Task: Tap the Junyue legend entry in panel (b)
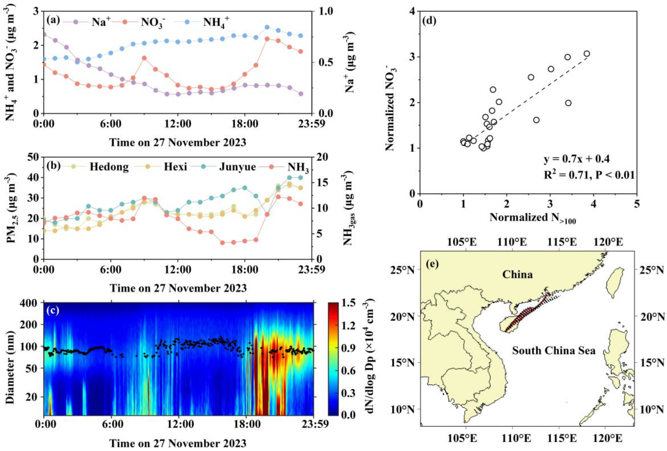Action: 237,167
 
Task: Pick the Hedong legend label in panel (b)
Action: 109,167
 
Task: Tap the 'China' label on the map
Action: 517,275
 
